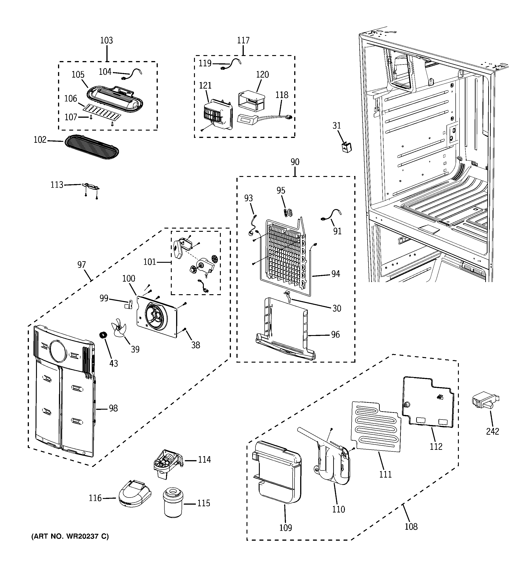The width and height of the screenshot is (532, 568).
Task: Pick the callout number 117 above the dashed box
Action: coord(243,41)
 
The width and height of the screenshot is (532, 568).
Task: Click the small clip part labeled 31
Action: coord(346,147)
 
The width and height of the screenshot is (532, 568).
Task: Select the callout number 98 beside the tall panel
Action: coord(113,409)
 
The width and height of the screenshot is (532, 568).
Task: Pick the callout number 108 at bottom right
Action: coord(411,526)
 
